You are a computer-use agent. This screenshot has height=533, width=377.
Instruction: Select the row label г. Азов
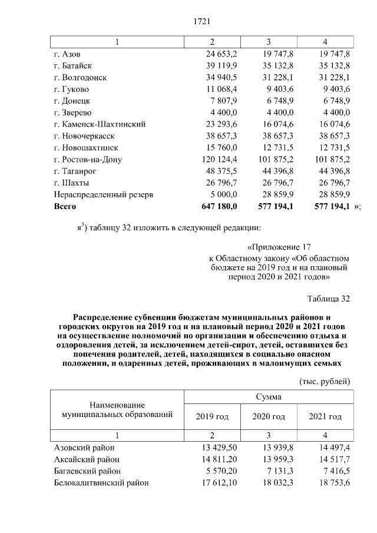coord(68,54)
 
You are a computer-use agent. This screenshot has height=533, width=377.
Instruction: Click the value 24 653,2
coord(219,54)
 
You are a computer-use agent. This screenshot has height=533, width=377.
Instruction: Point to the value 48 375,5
coord(219,171)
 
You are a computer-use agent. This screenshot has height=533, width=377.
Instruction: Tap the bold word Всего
coord(65,207)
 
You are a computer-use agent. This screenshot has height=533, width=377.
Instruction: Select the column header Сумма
coord(268,396)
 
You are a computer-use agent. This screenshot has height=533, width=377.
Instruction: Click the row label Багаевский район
coord(87,471)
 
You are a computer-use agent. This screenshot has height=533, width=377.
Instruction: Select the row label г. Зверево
coord(72,112)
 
